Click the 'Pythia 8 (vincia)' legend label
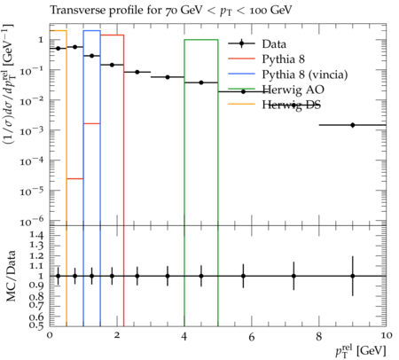pos(305,74)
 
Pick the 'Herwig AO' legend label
pos(293,90)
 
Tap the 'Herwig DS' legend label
pos(291,105)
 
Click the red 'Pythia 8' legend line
pos(241,59)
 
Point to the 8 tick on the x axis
pos(318,336)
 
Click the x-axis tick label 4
pos(184,336)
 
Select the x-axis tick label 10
pos(385,336)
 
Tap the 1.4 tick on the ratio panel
pos(37,236)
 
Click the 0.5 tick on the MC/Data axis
pos(37,325)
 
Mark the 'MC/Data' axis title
pos(11,276)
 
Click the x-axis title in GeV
pos(361,351)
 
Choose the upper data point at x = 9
pos(352,125)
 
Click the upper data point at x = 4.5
pos(201,82)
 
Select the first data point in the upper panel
pos(59,48)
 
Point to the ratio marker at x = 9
pos(352,276)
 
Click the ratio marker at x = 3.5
pos(168,276)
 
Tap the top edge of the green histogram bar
pos(201,40)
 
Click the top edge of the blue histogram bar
pos(92,30)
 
